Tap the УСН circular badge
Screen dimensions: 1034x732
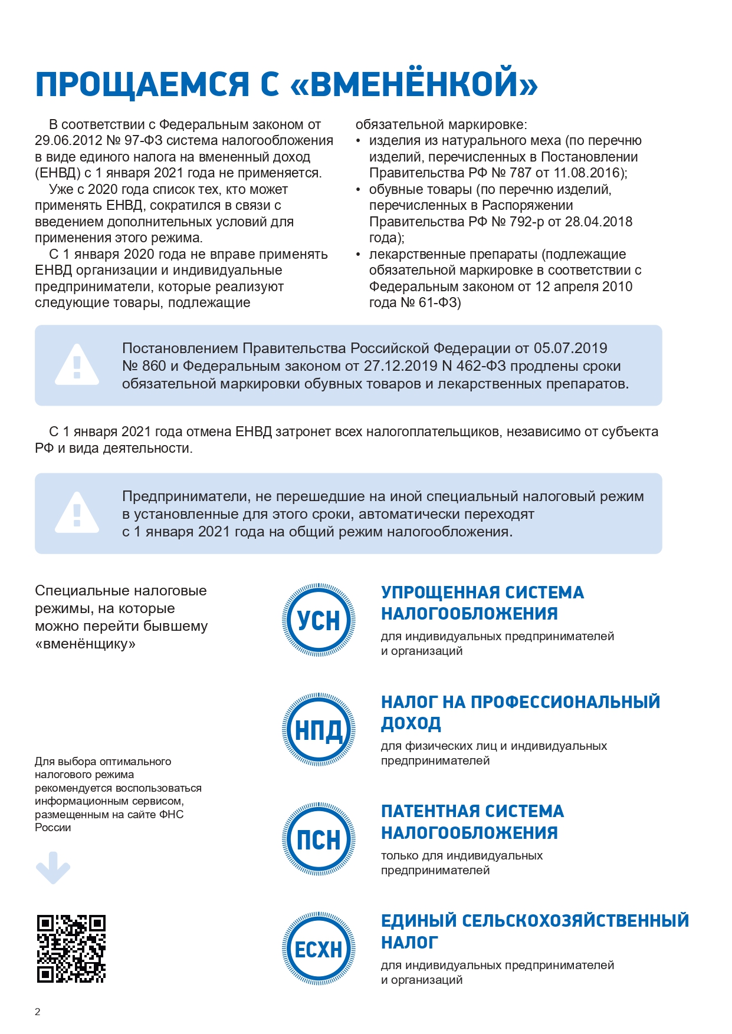[319, 620]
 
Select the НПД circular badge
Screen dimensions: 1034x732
[319, 730]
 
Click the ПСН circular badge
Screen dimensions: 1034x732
[319, 839]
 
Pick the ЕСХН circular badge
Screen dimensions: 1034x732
[319, 949]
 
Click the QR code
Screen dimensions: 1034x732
[71, 949]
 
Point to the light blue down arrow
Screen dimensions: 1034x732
[53, 868]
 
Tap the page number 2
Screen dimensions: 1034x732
[38, 1012]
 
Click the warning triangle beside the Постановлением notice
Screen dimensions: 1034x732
[77, 365]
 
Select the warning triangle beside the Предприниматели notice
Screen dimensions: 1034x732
[77, 513]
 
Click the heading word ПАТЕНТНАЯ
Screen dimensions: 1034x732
[431, 811]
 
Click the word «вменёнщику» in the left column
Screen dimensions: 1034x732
[85, 644]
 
